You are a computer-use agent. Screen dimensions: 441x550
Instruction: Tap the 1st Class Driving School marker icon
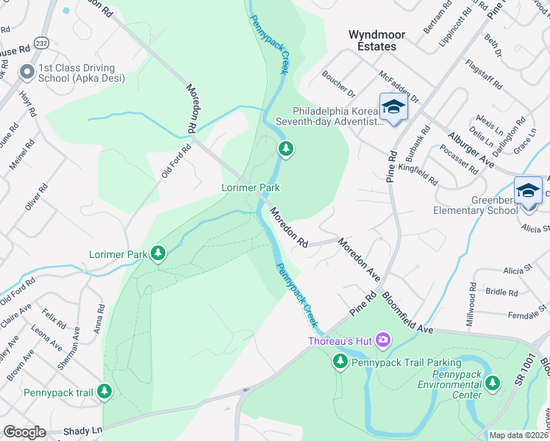pyautogui.click(x=27, y=71)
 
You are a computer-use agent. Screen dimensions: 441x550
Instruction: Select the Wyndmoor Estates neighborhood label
pyautogui.click(x=372, y=40)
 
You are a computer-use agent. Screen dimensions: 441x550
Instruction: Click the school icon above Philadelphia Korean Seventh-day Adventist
pyautogui.click(x=393, y=107)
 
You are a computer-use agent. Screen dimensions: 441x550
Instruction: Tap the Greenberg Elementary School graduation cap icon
pyautogui.click(x=528, y=190)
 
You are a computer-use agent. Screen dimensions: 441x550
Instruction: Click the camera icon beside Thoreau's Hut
pyautogui.click(x=382, y=340)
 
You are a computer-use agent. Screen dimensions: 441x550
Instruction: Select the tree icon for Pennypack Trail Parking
pyautogui.click(x=340, y=361)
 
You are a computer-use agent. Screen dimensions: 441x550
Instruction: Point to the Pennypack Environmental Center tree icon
pyautogui.click(x=493, y=382)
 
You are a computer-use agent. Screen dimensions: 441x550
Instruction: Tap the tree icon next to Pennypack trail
pyautogui.click(x=105, y=392)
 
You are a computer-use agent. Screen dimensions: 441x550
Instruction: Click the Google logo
pyautogui.click(x=24, y=431)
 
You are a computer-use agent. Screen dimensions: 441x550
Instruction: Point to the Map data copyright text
pyautogui.click(x=518, y=435)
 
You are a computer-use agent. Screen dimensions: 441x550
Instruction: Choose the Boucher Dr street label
pyautogui.click(x=338, y=85)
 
